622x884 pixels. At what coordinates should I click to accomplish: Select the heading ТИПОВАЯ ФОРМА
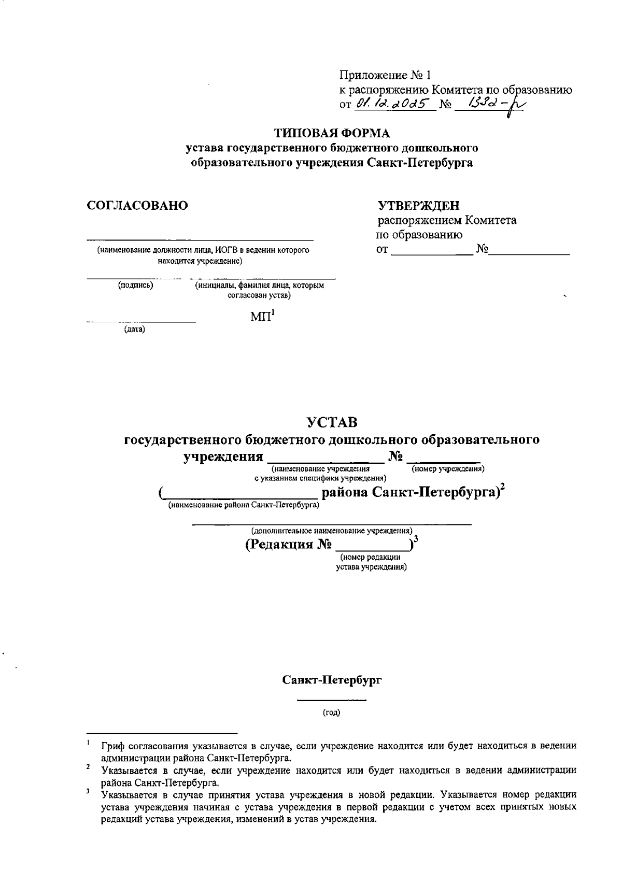332,133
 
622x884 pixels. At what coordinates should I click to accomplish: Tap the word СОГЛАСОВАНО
137,206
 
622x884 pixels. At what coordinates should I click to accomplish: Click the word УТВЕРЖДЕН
419,206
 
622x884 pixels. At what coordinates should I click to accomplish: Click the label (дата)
134,329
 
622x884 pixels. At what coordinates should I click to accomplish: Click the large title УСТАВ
332,422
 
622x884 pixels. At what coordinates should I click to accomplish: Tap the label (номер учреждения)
448,469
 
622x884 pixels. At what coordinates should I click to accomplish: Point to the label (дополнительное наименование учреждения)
332,531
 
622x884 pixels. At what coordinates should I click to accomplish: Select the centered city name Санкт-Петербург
332,680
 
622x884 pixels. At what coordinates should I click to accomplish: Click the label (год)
332,713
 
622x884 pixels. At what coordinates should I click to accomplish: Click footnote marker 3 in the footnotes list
89,791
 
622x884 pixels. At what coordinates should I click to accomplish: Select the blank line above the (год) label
332,701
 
